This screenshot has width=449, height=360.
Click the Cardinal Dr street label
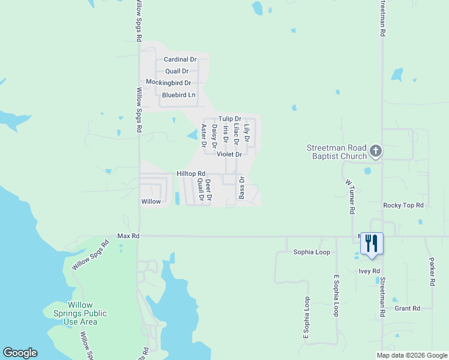click(x=180, y=60)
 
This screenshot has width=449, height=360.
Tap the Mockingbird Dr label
click(x=169, y=83)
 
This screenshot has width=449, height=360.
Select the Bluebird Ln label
click(x=179, y=95)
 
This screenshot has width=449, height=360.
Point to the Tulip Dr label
click(x=229, y=119)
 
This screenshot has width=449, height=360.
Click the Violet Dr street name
click(x=229, y=154)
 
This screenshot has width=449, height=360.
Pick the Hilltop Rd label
click(x=191, y=173)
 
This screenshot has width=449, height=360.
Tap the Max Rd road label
click(x=128, y=236)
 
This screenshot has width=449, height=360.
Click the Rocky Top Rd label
click(x=403, y=205)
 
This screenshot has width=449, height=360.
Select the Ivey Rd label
click(x=370, y=271)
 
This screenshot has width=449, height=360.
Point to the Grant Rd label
click(x=408, y=308)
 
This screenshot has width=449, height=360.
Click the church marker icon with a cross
click(x=376, y=151)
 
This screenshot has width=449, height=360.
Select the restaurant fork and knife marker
click(x=372, y=243)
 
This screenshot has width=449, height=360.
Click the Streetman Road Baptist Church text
click(x=336, y=152)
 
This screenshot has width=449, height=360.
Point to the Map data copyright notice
click(x=411, y=355)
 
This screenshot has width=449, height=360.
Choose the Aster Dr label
click(x=203, y=136)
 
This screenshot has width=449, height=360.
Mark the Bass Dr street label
click(x=242, y=188)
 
